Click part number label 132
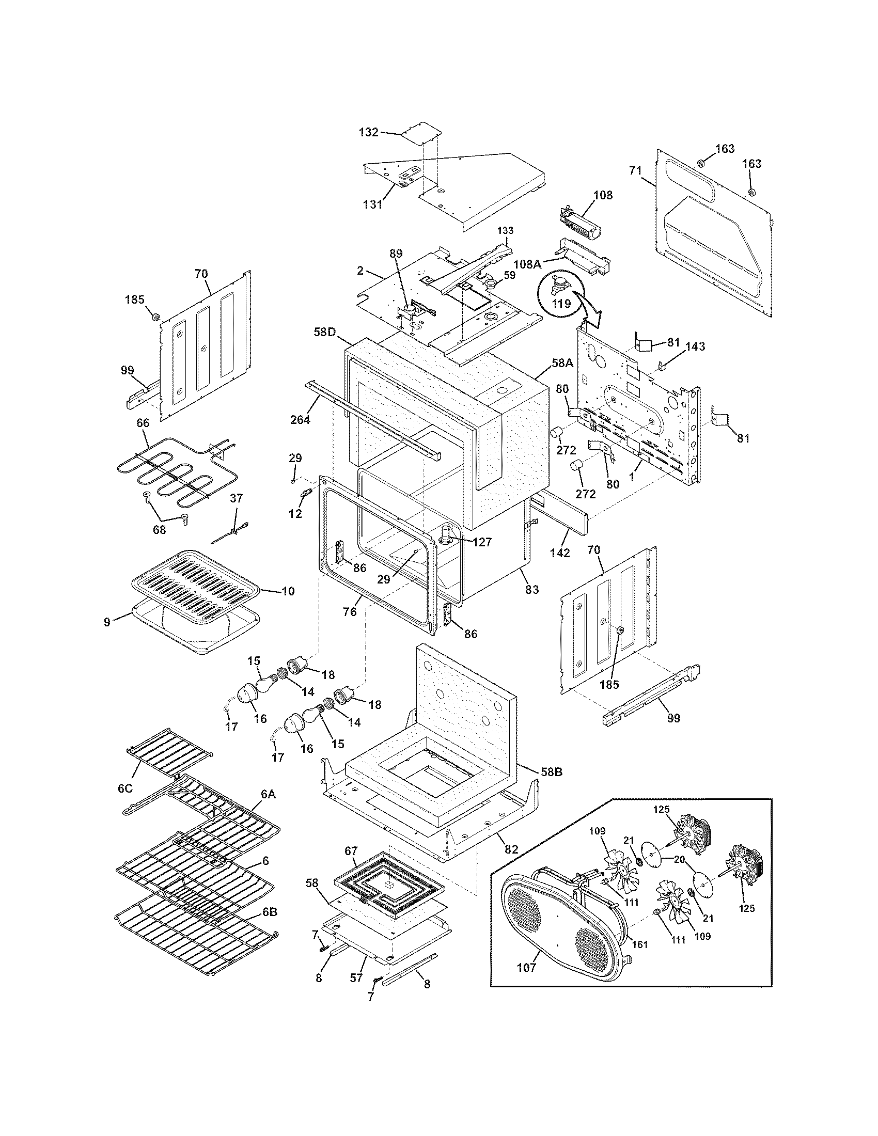(368, 132)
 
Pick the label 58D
(324, 331)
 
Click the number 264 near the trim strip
(300, 419)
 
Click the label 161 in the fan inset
(640, 944)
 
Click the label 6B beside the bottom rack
(270, 926)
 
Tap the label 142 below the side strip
(560, 554)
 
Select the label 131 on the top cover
(373, 204)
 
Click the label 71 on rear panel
(635, 170)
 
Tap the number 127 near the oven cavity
(482, 542)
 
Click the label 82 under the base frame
(511, 849)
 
